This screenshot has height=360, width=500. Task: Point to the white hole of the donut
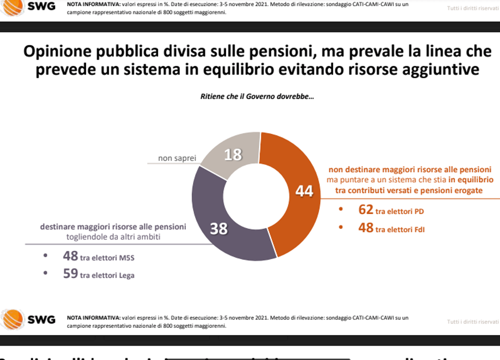pos(256,196)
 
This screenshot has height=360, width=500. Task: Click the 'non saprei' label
pos(177,158)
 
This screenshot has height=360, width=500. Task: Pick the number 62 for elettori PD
pos(366,210)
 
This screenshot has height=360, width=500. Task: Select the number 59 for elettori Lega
pos(70,274)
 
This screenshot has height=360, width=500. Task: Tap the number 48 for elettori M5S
pos(70,256)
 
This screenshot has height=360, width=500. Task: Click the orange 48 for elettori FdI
pos(366,228)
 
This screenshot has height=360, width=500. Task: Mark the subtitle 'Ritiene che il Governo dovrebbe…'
pos(257,97)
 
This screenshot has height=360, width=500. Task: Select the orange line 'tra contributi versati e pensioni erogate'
pos(409,190)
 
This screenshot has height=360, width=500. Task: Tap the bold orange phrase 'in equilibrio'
pos(471,180)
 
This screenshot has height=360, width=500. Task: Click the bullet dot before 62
pos(341,210)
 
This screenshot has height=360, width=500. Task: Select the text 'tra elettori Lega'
pos(107,275)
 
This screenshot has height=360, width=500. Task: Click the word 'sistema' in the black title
pos(137,69)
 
